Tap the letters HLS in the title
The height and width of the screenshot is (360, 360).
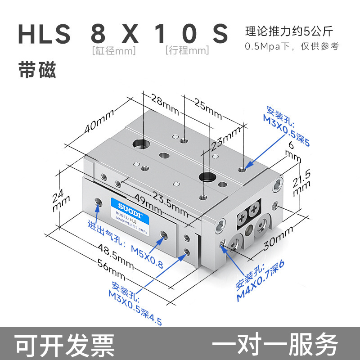tap(44, 34)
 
